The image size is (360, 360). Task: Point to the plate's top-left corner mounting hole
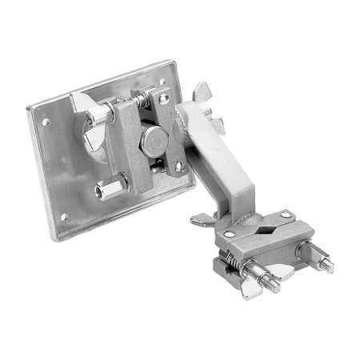(x=46, y=122)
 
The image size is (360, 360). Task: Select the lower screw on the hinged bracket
(x=178, y=166)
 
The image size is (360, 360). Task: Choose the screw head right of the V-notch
(x=284, y=214)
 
